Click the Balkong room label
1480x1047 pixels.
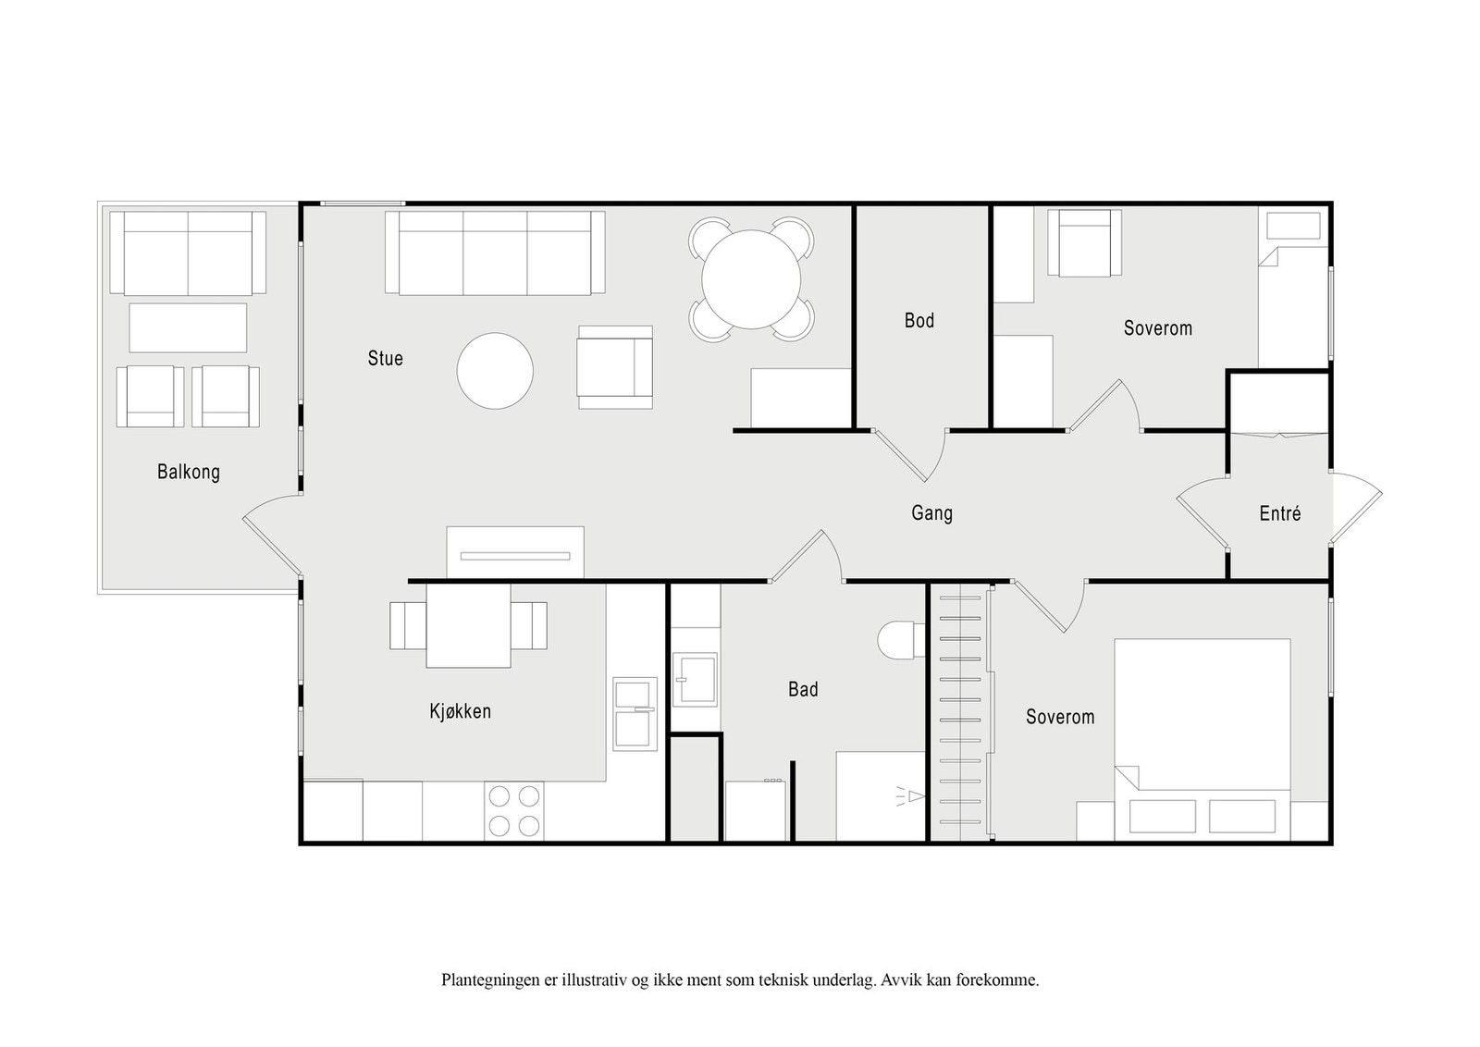[189, 473]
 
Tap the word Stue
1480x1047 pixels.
[385, 359]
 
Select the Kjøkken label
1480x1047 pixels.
[461, 711]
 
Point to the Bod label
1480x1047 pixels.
[919, 321]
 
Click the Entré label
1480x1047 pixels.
[1280, 513]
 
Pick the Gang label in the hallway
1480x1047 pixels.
[931, 513]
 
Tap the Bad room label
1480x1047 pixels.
[803, 690]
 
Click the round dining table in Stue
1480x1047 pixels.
[751, 279]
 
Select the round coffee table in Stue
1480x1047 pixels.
[495, 371]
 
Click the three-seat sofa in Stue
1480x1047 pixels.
[495, 253]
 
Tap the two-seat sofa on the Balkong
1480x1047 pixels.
[188, 253]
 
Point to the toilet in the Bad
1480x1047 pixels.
[901, 640]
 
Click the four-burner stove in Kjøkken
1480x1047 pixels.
[514, 812]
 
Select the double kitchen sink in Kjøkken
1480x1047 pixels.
[635, 714]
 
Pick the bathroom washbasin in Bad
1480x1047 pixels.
[695, 680]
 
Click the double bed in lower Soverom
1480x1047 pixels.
[1202, 740]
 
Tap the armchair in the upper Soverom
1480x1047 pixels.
[1084, 243]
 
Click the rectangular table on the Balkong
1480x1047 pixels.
[188, 328]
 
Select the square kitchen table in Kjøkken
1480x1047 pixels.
[468, 626]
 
